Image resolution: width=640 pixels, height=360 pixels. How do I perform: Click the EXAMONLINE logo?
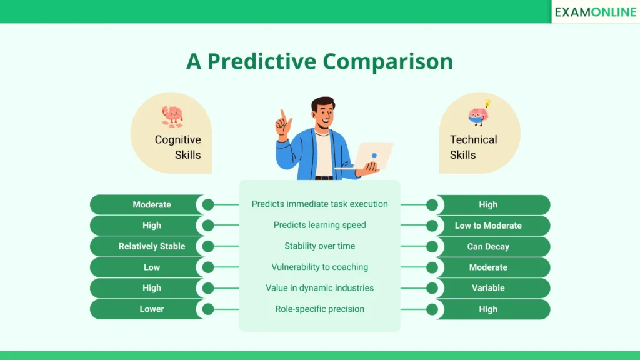tap(595, 12)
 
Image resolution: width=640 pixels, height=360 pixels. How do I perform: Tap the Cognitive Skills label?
tap(178, 147)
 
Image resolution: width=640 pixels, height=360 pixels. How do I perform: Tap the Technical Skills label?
tap(473, 147)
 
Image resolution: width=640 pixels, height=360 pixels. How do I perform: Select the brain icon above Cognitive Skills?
tap(172, 116)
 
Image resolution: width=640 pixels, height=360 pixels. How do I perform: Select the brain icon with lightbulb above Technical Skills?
tap(479, 114)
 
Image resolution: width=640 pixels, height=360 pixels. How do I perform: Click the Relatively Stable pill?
tap(152, 246)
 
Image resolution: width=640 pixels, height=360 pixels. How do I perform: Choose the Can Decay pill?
tap(488, 246)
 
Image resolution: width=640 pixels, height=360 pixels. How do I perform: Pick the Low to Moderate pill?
tap(488, 226)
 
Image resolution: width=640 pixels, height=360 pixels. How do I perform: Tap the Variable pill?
tap(488, 288)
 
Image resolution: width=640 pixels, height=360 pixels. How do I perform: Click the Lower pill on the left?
tap(152, 309)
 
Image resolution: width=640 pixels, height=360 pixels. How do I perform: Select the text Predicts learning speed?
tap(319, 225)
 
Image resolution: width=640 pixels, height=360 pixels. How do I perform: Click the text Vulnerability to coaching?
tap(319, 267)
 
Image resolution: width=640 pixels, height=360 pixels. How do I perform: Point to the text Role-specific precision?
tap(319, 309)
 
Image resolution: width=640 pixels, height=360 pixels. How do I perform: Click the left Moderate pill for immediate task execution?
tap(152, 204)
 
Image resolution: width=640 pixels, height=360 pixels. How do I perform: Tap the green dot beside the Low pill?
tap(208, 267)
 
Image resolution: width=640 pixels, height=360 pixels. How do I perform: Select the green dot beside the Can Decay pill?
tap(431, 246)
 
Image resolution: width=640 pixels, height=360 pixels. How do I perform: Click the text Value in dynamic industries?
tap(319, 288)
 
